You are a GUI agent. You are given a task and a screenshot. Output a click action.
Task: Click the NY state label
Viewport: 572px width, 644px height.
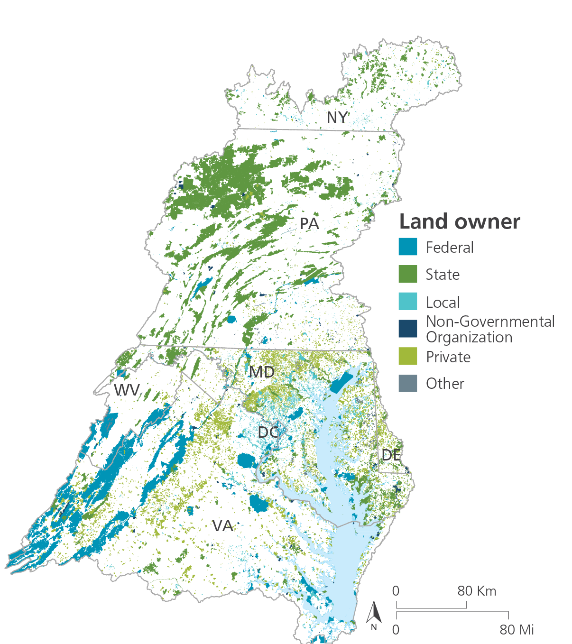337,117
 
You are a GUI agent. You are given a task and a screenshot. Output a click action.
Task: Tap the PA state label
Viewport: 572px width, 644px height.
309,223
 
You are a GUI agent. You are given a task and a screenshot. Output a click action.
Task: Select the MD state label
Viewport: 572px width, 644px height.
262,372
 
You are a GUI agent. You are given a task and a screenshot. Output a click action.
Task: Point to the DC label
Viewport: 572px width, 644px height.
268,432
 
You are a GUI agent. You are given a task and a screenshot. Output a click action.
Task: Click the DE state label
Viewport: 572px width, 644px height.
391,455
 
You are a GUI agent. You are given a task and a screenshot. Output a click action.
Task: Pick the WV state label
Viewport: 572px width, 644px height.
127,390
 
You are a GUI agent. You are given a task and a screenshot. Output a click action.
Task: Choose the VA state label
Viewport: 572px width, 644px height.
222,525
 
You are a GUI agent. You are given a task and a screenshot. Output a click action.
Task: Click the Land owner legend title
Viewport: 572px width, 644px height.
459,221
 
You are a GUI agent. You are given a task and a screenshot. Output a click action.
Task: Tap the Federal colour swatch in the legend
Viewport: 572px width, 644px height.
408,247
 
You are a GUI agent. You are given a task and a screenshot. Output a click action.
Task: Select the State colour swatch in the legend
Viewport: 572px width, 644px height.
408,274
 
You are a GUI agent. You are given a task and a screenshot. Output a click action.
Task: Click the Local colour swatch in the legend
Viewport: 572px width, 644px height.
408,302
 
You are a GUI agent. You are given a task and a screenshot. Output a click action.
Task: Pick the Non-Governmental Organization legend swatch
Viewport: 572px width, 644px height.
408,329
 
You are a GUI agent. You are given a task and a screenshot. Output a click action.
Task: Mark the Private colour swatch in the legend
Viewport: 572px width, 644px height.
408,356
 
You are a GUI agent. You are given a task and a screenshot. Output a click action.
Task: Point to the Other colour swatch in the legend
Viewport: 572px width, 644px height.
408,383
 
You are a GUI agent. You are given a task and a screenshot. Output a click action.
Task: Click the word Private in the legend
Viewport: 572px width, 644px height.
448,357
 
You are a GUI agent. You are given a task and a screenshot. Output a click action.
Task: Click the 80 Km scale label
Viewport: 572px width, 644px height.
477,591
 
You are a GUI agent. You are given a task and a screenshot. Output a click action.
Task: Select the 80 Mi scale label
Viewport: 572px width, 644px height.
517,630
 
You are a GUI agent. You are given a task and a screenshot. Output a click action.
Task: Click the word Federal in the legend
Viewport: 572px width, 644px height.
450,248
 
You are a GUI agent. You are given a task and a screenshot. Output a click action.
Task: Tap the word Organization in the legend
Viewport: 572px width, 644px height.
469,337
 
